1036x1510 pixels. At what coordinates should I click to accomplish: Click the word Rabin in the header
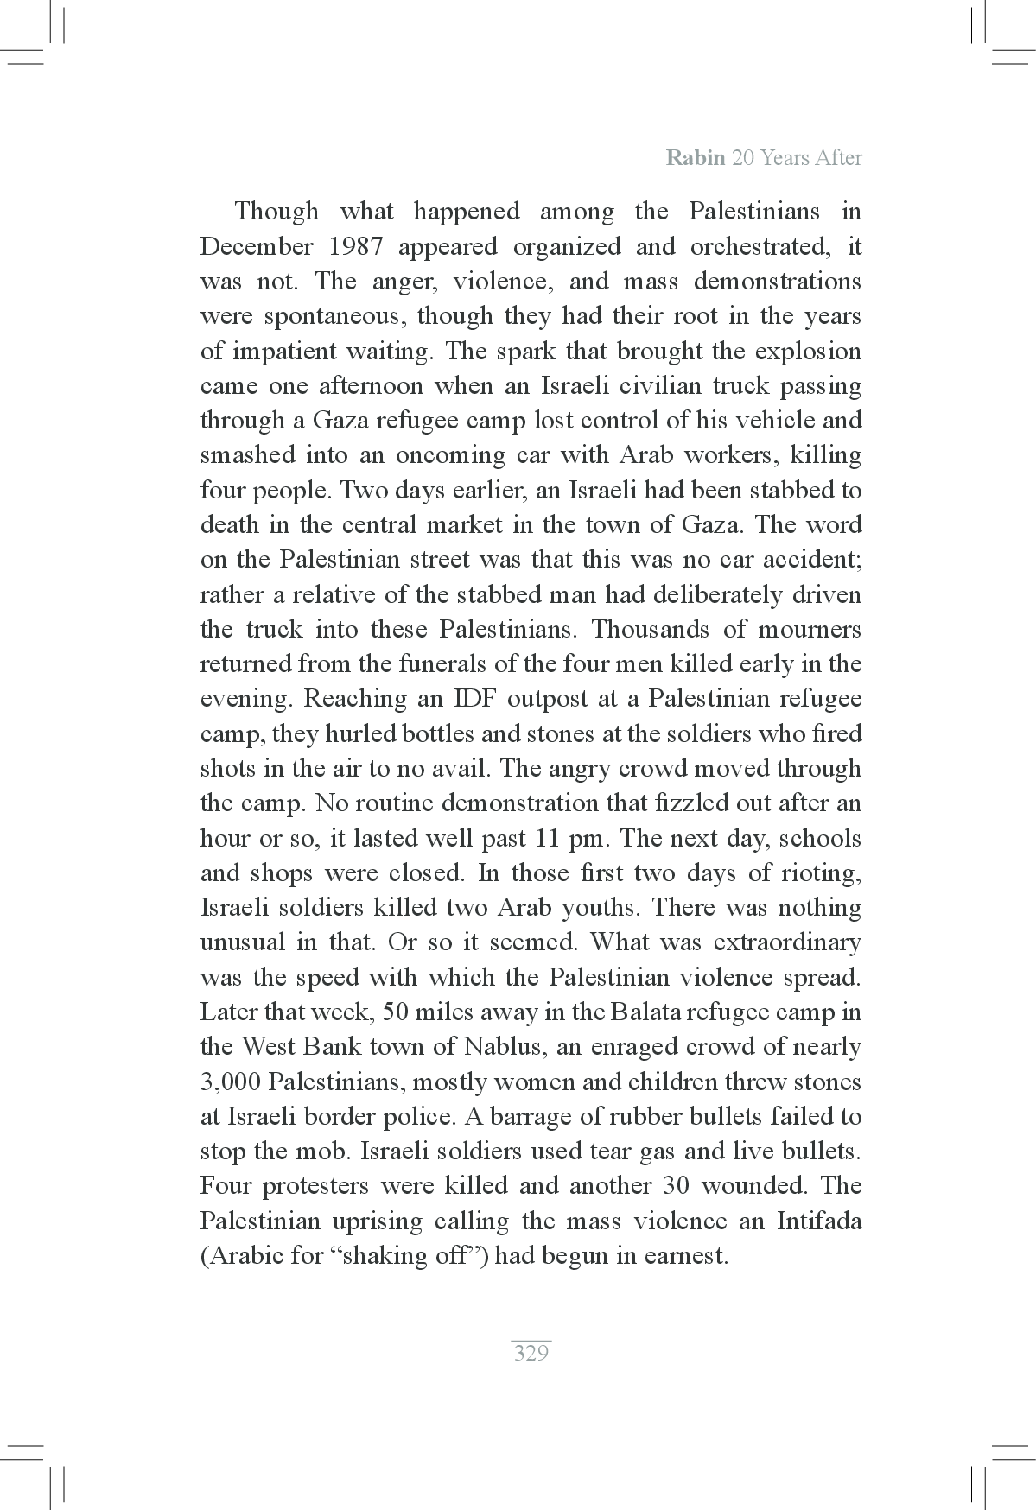(x=696, y=158)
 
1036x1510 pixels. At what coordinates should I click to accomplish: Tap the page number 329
(x=531, y=1353)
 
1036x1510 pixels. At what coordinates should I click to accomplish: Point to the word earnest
(x=685, y=1256)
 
